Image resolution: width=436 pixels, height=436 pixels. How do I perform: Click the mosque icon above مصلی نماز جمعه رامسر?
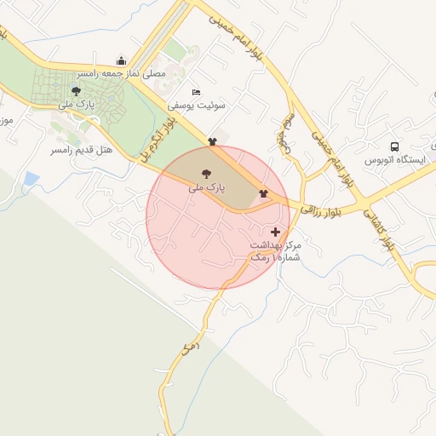point(122,61)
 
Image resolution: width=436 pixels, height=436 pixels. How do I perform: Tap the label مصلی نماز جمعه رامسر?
point(120,75)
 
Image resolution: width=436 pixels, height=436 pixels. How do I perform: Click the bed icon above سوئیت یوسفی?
point(197,92)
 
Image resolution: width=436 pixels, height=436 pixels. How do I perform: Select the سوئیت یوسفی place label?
point(197,106)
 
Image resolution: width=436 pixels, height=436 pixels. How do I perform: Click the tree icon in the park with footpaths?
point(76,91)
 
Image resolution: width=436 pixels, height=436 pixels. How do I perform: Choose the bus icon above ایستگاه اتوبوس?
point(394,146)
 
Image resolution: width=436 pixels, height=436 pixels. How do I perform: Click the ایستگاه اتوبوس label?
point(394,160)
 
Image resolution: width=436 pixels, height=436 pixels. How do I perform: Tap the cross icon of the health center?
point(275,232)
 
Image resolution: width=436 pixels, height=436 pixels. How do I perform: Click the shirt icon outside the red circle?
point(212,141)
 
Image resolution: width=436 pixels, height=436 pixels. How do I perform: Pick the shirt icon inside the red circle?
point(263,193)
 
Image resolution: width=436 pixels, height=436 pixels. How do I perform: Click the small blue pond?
point(32,179)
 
